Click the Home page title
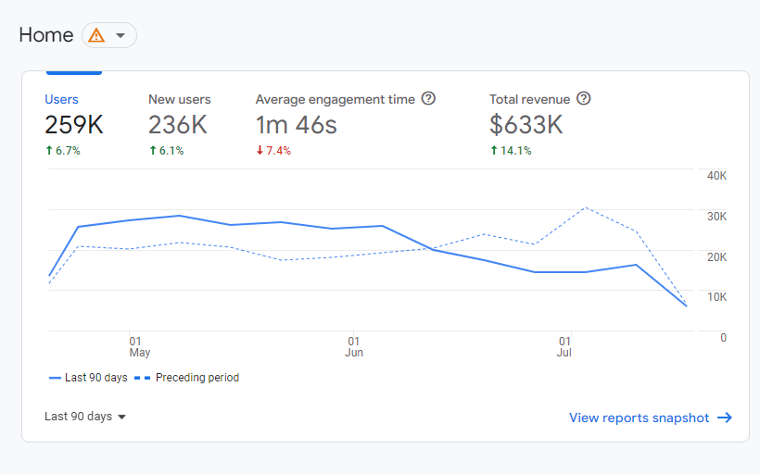point(46,35)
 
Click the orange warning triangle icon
point(95,35)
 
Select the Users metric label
point(61,99)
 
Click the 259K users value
point(74,125)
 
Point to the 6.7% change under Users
point(63,151)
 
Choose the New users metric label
point(179,99)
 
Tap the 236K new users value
point(177,125)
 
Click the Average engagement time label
point(335,99)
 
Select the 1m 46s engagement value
point(296,125)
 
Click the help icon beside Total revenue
point(584,99)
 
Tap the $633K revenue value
point(526,125)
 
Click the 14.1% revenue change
point(511,151)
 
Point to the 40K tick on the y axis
point(716,176)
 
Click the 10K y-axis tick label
point(716,297)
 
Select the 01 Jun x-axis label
point(353,346)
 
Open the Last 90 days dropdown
point(85,417)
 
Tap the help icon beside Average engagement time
point(428,99)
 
